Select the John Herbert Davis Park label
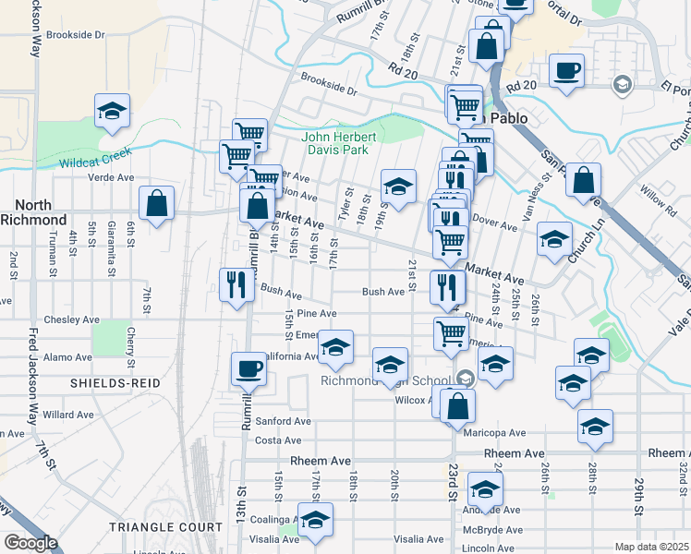[334, 144]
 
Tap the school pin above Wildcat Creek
[113, 113]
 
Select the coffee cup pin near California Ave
[249, 369]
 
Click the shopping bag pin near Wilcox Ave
[457, 405]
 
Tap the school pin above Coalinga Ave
[315, 520]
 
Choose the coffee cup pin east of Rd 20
[567, 71]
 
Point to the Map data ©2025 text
[651, 547]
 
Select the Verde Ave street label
[111, 177]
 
